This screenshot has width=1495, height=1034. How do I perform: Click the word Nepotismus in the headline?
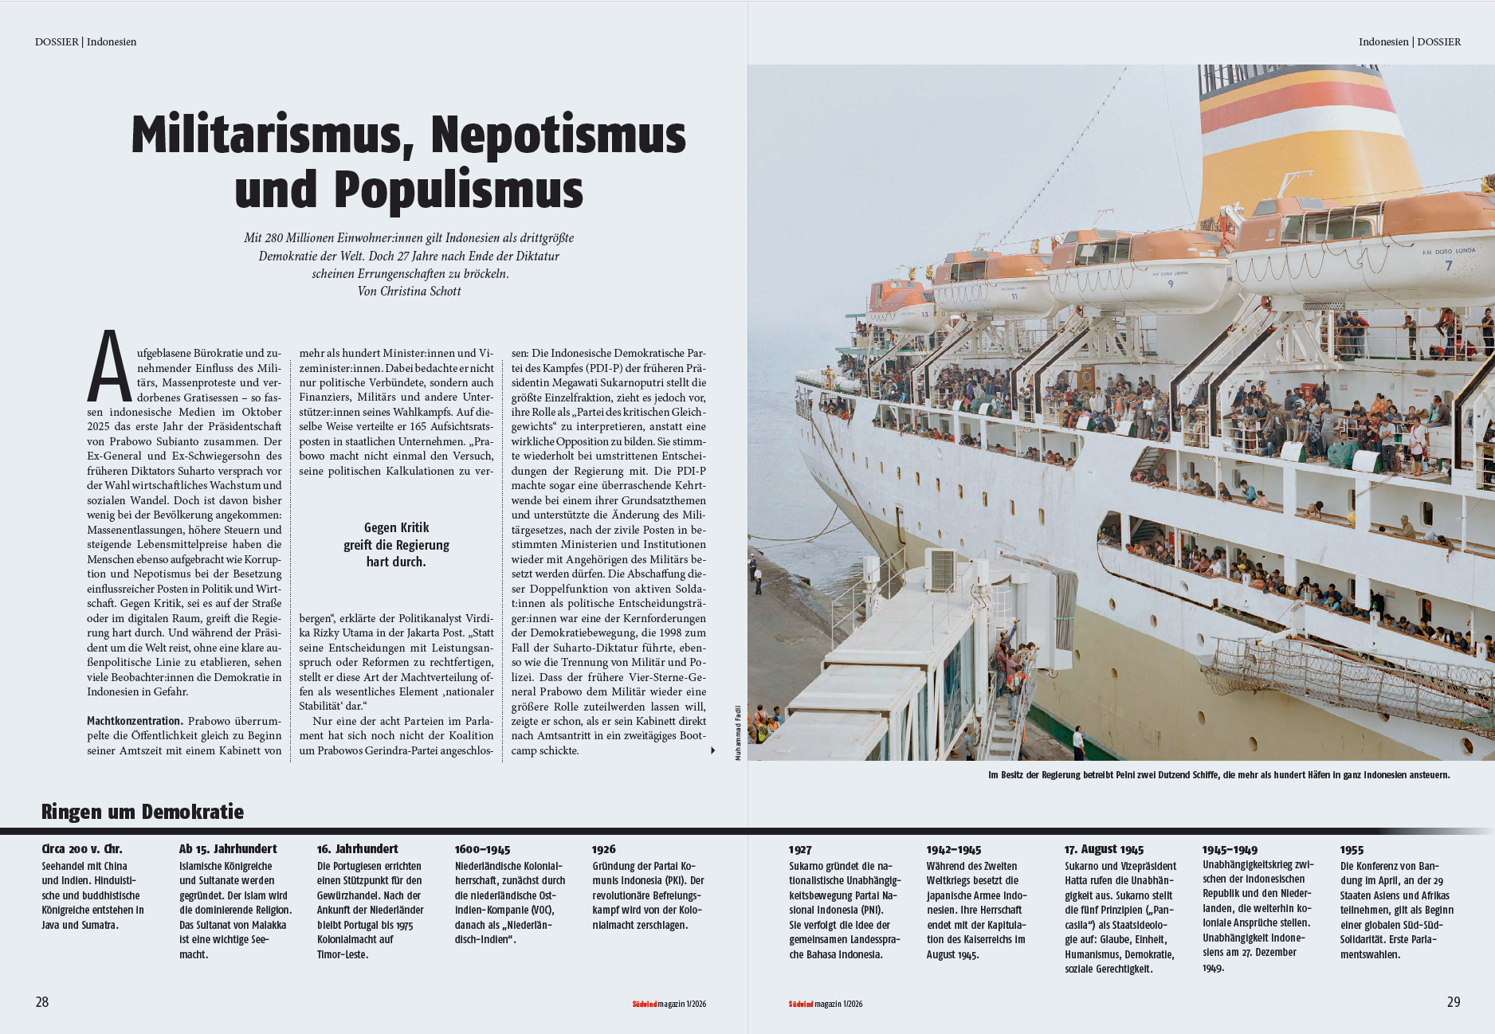558,135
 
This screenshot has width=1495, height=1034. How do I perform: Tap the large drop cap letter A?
109,367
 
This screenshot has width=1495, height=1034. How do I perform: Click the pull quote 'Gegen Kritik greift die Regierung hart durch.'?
396,545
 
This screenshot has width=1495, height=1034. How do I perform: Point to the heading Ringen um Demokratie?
143,812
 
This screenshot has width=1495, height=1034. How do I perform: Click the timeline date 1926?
604,849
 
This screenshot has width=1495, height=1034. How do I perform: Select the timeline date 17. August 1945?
1104,849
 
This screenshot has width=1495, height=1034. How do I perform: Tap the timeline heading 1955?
1352,850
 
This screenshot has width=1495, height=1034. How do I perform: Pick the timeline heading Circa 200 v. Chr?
82,849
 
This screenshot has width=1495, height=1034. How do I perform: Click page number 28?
42,1002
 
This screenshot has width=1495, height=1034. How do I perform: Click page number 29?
1454,1002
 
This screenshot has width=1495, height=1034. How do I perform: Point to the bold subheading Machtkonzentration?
135,721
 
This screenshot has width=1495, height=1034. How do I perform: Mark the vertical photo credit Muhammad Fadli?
739,732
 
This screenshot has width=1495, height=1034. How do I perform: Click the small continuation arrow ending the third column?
712,750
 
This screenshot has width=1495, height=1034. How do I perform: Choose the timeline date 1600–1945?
482,849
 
